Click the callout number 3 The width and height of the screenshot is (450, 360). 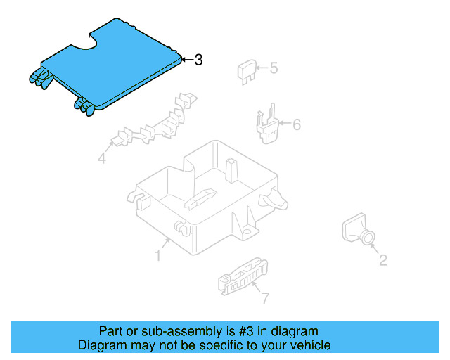[199, 60]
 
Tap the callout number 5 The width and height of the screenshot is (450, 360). [274, 68]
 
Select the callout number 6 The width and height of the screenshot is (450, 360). [296, 124]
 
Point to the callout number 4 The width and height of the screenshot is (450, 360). [102, 160]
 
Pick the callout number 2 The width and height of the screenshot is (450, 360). [382, 261]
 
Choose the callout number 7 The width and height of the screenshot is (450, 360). [265, 298]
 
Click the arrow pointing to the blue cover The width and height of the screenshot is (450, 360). [187, 60]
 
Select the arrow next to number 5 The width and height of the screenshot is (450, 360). [261, 68]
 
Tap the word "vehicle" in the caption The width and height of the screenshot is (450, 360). [310, 345]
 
